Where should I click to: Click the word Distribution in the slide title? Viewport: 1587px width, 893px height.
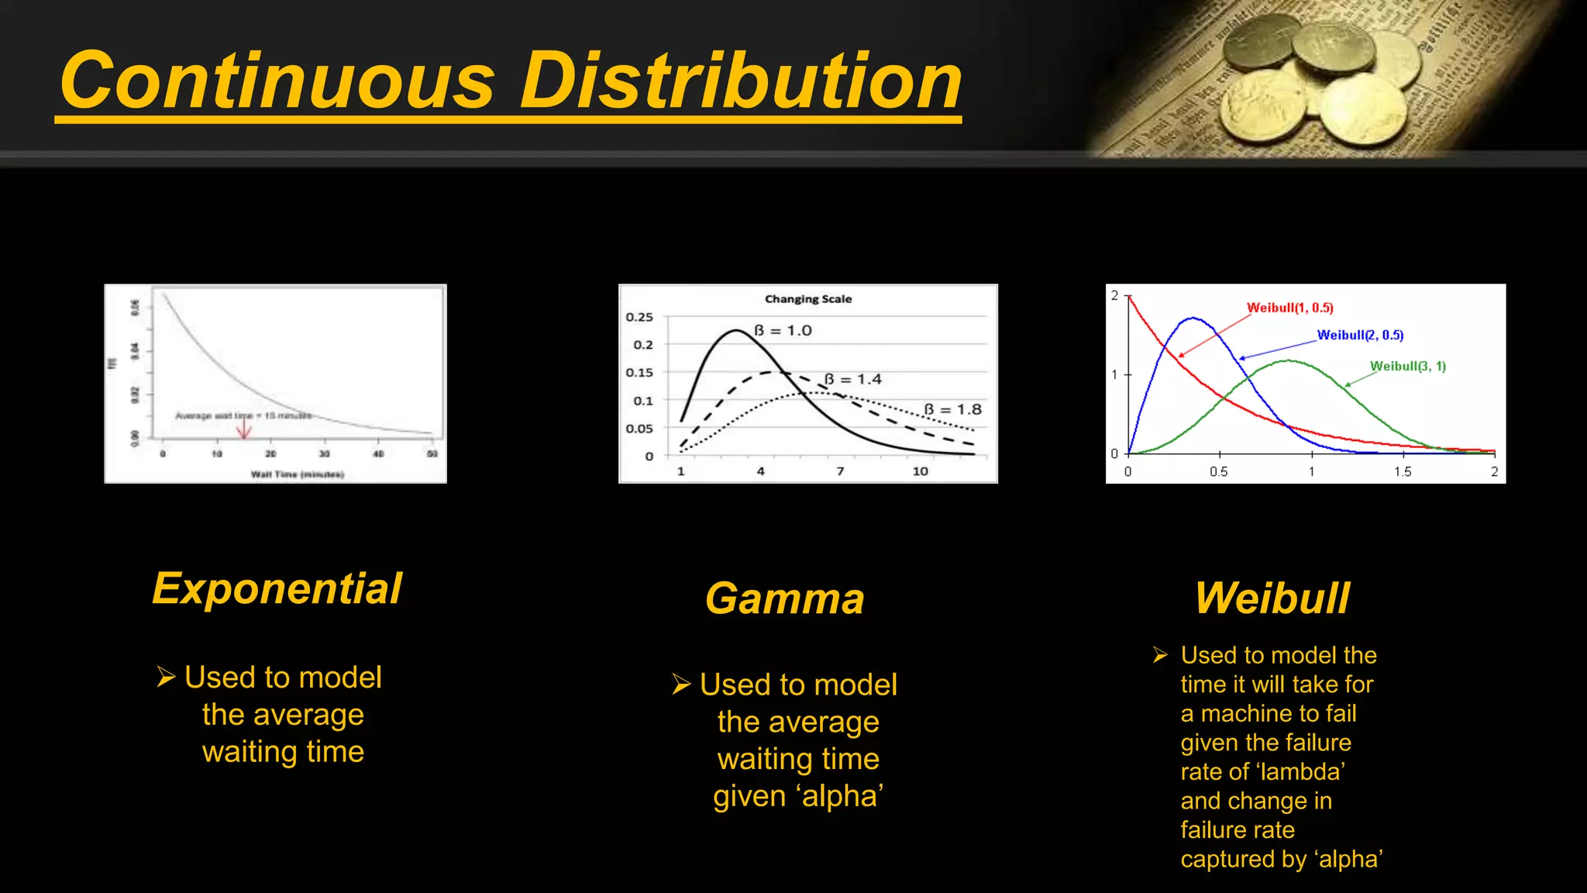[741, 81]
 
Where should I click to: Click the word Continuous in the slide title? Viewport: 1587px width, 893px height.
[277, 81]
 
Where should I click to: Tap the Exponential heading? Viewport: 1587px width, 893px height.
[277, 588]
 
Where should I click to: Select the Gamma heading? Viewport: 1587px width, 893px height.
[784, 598]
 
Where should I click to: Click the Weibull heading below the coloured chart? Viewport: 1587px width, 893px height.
[1272, 598]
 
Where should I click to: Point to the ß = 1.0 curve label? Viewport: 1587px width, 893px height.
[783, 331]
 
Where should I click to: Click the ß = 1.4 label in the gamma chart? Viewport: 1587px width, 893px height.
[852, 379]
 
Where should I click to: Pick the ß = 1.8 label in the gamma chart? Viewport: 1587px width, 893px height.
[952, 409]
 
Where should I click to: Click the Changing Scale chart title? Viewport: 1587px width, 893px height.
[807, 299]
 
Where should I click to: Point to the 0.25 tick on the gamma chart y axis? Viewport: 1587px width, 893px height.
[639, 317]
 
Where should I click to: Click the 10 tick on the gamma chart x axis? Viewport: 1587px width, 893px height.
[920, 471]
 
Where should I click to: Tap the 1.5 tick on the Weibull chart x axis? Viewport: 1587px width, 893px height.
[1403, 471]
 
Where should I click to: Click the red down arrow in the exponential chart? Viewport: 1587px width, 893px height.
[244, 428]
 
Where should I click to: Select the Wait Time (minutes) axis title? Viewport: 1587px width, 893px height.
[297, 474]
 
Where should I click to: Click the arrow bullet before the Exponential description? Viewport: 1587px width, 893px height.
[166, 677]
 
